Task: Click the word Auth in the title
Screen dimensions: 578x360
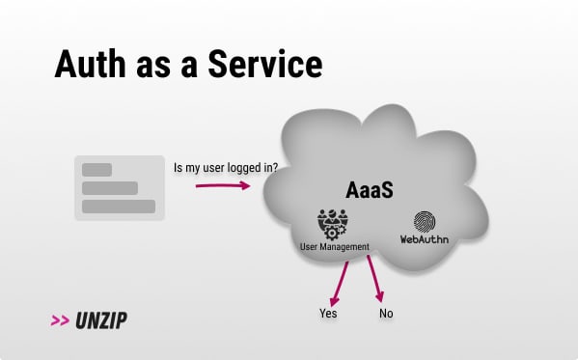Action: coord(90,64)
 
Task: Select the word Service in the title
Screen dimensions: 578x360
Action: coord(265,64)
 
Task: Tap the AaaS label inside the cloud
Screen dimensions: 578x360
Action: coord(370,190)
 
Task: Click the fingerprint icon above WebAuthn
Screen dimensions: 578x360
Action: coord(425,222)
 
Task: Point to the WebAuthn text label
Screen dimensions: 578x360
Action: coord(425,239)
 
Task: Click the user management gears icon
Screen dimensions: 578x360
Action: coord(333,225)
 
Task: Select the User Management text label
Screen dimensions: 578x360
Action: coord(335,247)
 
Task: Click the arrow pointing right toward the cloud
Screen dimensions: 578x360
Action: coord(223,185)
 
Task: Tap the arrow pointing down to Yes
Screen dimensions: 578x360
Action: coord(339,284)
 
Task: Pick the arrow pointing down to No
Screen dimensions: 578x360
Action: coord(375,279)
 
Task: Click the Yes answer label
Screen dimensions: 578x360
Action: coord(328,314)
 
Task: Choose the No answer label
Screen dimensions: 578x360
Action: coord(386,314)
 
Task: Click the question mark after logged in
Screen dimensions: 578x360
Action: coord(274,168)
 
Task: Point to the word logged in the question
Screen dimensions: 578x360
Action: coord(244,168)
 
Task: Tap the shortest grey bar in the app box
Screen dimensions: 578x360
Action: coord(96,170)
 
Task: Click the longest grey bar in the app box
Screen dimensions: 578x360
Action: coord(119,207)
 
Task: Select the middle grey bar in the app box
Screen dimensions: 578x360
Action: coord(110,188)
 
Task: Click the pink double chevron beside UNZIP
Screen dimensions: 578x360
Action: coord(60,320)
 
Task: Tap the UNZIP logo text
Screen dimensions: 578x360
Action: coord(101,320)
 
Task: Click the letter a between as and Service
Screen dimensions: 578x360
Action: coord(189,69)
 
